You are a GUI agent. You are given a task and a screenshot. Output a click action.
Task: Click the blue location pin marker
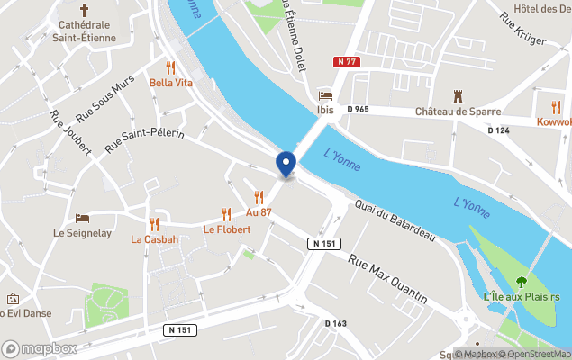(286, 164)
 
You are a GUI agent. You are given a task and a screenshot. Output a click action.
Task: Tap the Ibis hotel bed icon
(325, 95)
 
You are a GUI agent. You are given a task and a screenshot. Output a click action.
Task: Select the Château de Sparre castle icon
(457, 95)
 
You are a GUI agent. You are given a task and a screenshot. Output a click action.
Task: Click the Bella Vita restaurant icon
(171, 67)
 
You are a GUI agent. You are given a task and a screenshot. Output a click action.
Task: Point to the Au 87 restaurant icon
(259, 197)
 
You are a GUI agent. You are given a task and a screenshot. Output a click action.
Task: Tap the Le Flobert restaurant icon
(226, 214)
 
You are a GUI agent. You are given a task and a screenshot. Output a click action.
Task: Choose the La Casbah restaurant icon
(154, 224)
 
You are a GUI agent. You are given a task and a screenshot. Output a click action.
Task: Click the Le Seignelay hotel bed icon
(82, 218)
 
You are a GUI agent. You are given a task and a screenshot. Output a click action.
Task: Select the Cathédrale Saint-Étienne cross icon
(85, 11)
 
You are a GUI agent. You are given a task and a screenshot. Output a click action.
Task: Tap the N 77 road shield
(348, 61)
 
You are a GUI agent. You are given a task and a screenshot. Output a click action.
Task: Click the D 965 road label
(357, 109)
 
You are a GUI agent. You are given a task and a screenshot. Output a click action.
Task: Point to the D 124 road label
(498, 130)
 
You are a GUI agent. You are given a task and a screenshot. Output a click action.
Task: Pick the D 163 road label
(335, 323)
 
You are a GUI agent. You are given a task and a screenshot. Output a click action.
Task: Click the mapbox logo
(39, 348)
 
